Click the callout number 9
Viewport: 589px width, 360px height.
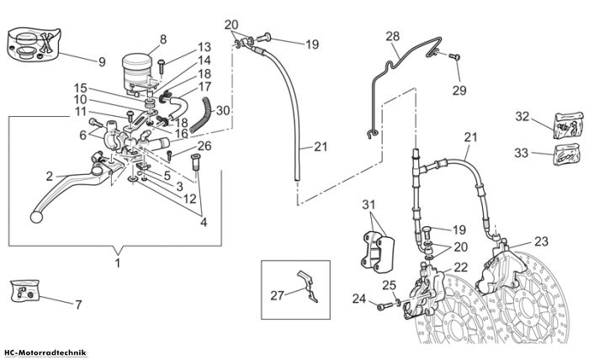(x=102, y=62)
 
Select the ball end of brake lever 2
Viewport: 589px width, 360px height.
(x=35, y=217)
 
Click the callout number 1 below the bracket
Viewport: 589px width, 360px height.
(x=118, y=262)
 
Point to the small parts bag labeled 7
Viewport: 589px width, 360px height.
(x=24, y=290)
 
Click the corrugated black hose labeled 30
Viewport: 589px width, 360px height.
(x=200, y=114)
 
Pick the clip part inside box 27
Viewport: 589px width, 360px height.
(x=308, y=286)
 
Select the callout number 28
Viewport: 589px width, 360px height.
(x=393, y=36)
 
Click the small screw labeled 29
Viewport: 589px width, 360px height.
(x=455, y=56)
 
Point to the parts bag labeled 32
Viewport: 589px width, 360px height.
(x=569, y=125)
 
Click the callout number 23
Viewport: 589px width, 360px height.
(x=541, y=241)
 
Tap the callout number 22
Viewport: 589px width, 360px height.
(x=461, y=267)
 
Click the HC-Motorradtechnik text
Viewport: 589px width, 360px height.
(x=45, y=353)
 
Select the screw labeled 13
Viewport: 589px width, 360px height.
(x=162, y=66)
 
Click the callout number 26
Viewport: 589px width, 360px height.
(x=204, y=146)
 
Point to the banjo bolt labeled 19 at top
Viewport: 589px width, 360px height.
(x=265, y=38)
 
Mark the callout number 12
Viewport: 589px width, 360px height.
(x=190, y=199)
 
